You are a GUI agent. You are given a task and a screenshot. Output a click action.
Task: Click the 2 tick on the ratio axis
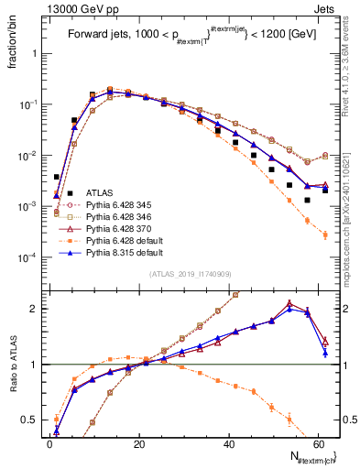[33, 309]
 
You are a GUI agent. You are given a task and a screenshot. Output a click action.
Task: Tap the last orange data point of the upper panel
[325, 235]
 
